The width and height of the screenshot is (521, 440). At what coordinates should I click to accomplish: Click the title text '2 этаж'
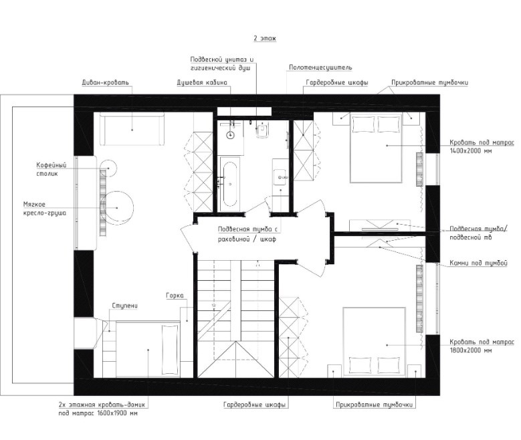(x=265, y=38)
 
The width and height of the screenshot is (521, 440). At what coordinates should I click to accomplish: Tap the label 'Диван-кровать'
(x=105, y=82)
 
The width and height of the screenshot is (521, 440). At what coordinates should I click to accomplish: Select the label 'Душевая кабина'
(x=202, y=82)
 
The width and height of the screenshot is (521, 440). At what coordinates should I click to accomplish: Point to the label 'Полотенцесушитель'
(x=320, y=68)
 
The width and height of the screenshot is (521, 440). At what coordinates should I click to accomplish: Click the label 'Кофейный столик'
(x=51, y=169)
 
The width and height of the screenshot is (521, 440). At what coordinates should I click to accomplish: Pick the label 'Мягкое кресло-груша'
(x=45, y=209)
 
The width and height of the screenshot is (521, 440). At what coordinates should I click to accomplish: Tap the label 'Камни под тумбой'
(x=478, y=263)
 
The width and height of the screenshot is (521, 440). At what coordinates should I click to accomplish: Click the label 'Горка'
(x=175, y=296)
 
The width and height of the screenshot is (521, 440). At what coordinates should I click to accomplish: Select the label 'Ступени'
(x=124, y=306)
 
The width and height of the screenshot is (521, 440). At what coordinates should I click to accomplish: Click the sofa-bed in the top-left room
(x=132, y=129)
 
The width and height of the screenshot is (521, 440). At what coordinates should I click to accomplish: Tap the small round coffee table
(x=108, y=168)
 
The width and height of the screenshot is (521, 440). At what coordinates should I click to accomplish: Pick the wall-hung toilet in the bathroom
(x=262, y=130)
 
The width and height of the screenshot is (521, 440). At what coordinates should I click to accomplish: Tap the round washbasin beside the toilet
(x=231, y=135)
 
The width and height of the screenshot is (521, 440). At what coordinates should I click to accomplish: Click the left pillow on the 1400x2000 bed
(x=361, y=124)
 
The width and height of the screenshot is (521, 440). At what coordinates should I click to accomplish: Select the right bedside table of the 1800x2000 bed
(x=415, y=371)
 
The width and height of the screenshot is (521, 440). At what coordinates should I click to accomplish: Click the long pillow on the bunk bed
(x=170, y=350)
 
